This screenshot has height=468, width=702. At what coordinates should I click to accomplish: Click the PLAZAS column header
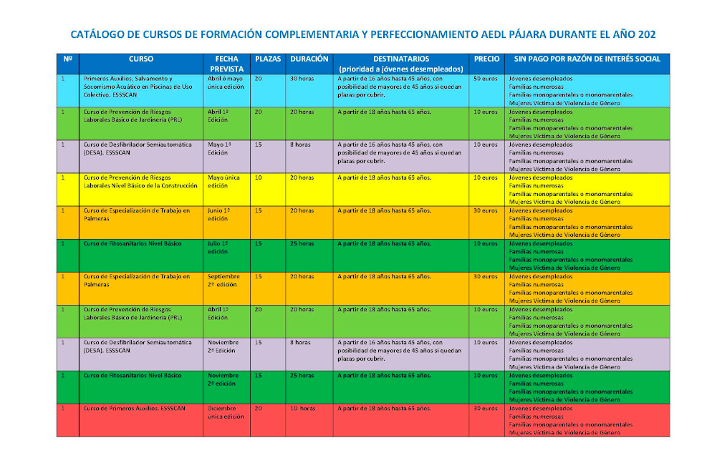(268, 59)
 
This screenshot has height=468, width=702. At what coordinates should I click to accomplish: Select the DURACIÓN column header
(309, 59)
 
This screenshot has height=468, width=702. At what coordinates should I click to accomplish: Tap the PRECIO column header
(487, 59)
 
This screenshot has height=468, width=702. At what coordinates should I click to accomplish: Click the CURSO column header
(140, 59)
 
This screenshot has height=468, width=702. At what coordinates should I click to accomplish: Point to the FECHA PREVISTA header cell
(226, 64)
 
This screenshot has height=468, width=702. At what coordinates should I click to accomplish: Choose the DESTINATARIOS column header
(401, 59)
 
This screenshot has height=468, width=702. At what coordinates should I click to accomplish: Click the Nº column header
(67, 59)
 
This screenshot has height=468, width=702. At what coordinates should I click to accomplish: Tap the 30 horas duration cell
(302, 78)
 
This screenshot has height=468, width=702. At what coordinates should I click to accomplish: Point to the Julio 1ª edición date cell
(218, 247)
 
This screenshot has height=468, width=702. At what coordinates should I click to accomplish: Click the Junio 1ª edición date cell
(219, 214)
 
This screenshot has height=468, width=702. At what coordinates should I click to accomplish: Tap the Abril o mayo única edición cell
(226, 82)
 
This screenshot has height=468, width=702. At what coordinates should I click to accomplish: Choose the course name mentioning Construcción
(140, 181)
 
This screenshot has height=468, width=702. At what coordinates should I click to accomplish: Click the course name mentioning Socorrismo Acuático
(138, 86)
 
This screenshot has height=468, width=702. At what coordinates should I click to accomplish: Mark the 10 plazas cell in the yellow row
(258, 177)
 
